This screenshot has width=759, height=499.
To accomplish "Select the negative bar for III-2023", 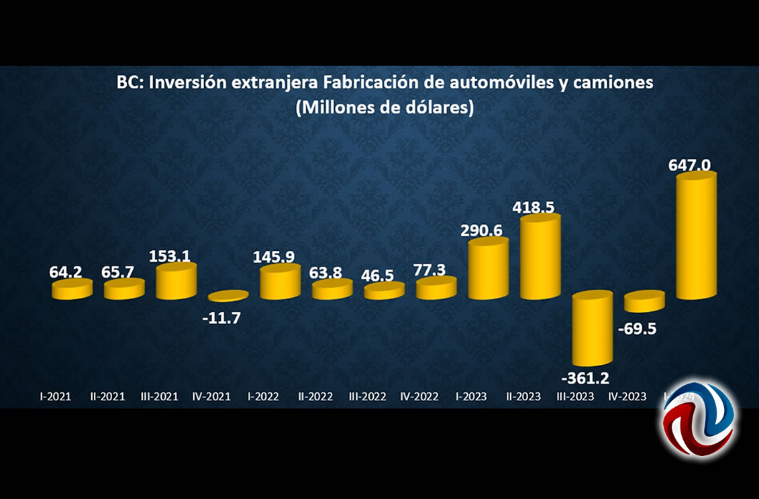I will [x=592, y=329].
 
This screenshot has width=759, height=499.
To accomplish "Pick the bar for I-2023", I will [x=488, y=268].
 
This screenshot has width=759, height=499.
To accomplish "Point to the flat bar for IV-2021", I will [x=228, y=296].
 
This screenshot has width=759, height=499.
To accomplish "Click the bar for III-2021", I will [x=176, y=280].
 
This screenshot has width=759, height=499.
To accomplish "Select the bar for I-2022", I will [x=280, y=281].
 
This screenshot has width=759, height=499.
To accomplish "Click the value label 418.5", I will [x=534, y=207].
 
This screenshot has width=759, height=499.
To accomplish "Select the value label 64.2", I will [x=66, y=273].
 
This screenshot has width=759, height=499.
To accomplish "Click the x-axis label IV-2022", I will [x=419, y=396].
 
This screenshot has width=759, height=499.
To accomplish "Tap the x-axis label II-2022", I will [x=316, y=396].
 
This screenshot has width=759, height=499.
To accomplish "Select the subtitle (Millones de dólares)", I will [x=385, y=107].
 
